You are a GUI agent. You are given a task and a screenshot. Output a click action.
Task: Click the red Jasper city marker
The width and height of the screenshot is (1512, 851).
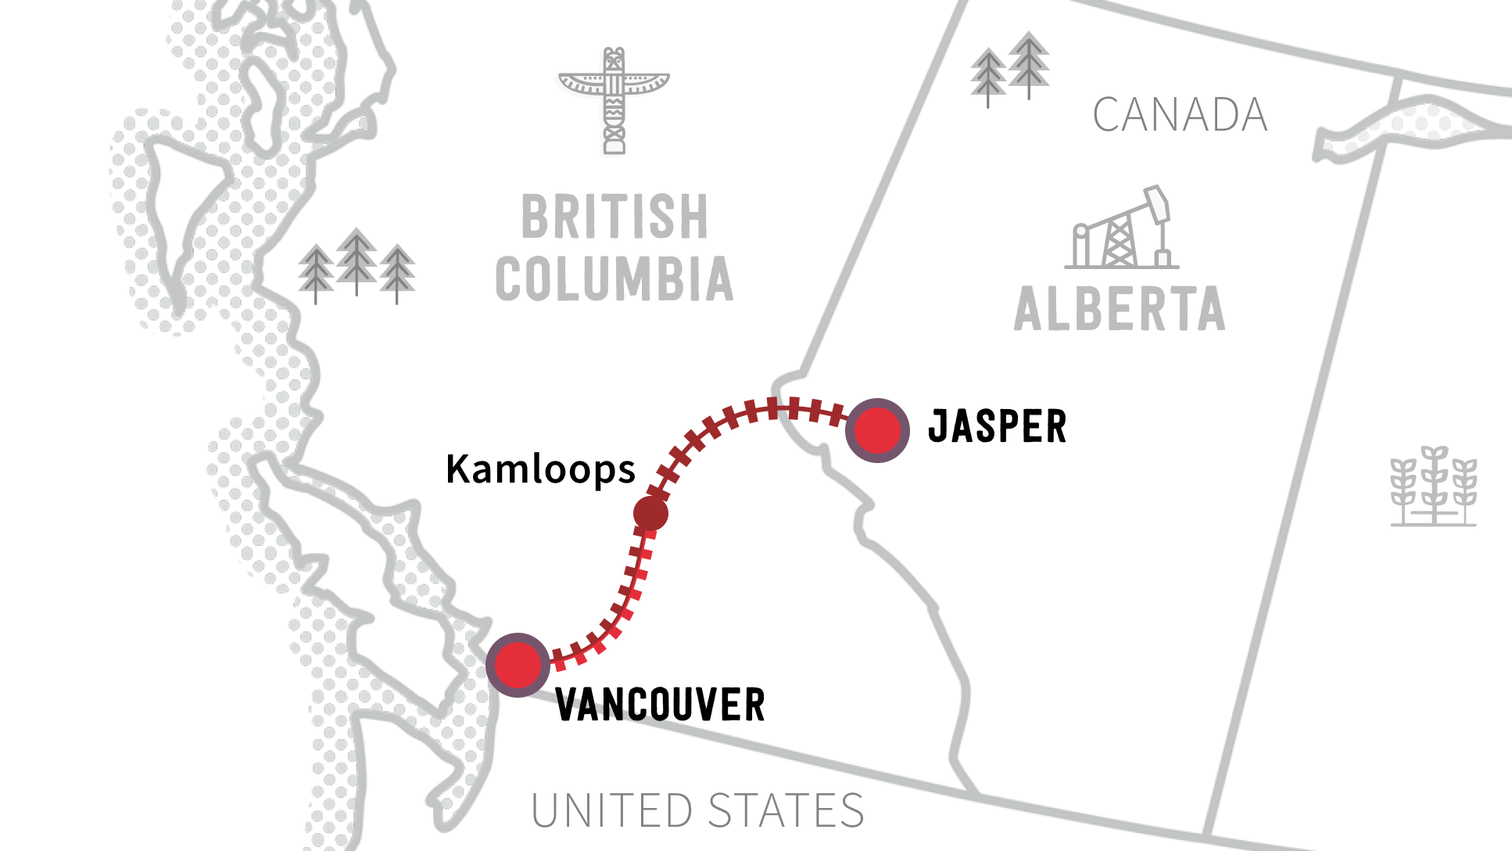(x=877, y=430)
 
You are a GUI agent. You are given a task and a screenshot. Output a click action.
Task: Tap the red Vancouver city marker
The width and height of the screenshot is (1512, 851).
(x=518, y=665)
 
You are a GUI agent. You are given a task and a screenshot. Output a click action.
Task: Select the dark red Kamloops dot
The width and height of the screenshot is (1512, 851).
(x=650, y=513)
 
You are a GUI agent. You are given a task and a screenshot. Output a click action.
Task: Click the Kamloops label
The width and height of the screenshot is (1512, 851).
(x=540, y=469)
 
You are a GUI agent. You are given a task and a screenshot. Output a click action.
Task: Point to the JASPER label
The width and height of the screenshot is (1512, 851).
(x=997, y=427)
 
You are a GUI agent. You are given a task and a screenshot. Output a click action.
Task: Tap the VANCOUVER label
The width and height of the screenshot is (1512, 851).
(x=660, y=705)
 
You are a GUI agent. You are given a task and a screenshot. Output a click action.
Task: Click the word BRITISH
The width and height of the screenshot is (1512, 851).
(x=614, y=217)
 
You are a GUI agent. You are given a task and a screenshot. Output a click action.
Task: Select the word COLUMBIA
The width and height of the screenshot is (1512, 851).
(x=614, y=279)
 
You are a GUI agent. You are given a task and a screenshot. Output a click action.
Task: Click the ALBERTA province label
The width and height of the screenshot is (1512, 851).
(x=1119, y=309)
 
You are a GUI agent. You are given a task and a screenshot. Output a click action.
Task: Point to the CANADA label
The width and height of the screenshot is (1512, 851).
(x=1180, y=115)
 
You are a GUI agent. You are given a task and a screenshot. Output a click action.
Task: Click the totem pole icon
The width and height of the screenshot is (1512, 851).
(x=614, y=102)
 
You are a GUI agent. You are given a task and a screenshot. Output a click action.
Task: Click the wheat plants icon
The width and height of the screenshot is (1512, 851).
(x=1433, y=487)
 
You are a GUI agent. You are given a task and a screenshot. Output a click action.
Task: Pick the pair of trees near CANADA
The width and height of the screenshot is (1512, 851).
(x=1010, y=69)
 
